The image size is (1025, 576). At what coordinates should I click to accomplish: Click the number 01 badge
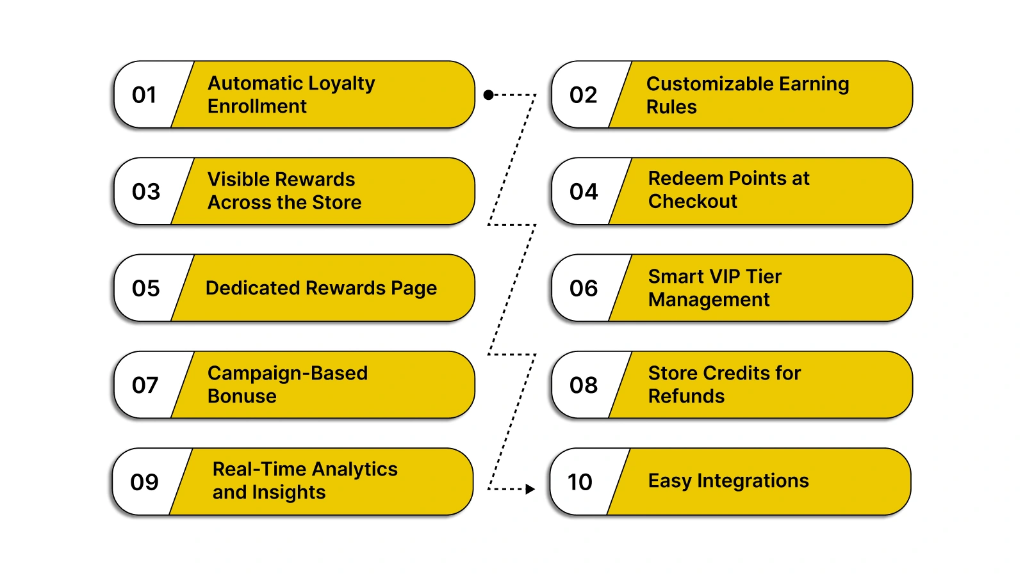pos(144,95)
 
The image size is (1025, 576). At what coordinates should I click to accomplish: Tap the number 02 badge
pos(583,95)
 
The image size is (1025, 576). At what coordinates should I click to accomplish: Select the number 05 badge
pos(145,289)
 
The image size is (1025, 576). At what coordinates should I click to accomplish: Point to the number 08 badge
pos(583,385)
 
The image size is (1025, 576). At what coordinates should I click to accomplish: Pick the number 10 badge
pos(580,482)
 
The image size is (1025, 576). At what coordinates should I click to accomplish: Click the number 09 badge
pos(144,482)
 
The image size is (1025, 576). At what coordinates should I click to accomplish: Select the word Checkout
pos(693,202)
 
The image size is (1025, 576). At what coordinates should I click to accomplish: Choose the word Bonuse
pos(242,396)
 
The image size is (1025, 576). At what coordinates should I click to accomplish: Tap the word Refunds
pos(686,396)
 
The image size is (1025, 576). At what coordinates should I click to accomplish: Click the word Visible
pos(236,179)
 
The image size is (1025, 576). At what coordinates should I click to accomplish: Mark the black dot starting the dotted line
pos(488,95)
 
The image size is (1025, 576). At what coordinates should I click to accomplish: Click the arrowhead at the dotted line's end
pos(530,489)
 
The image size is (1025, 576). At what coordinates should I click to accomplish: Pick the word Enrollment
pos(257,106)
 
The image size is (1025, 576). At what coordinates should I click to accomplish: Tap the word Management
pos(709,300)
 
